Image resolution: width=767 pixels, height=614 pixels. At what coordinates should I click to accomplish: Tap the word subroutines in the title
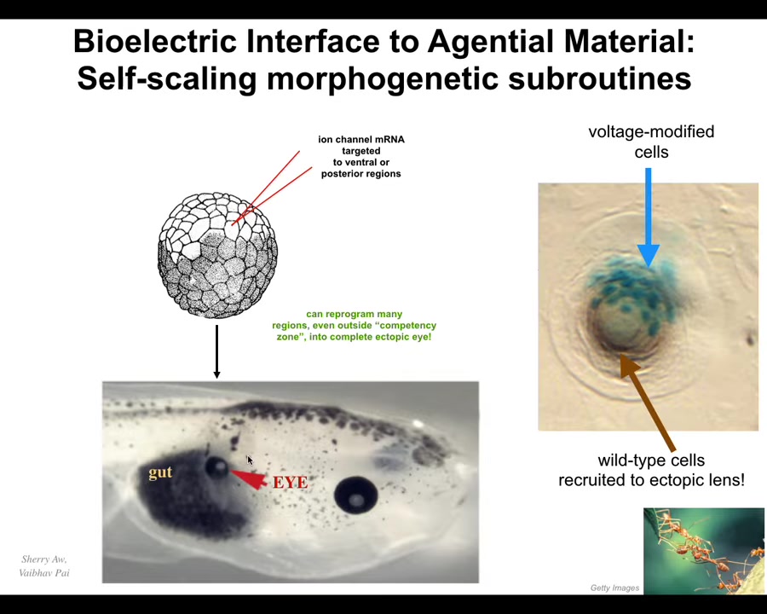600,78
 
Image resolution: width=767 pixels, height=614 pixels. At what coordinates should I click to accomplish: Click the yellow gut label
160,472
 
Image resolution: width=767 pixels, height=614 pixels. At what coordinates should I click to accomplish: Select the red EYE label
291,483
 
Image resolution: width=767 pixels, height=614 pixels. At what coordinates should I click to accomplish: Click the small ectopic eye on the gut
216,466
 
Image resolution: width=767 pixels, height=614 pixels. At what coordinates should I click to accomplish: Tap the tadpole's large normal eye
356,495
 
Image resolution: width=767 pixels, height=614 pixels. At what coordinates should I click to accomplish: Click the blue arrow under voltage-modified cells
649,218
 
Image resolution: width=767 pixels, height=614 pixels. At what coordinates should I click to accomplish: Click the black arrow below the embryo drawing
216,351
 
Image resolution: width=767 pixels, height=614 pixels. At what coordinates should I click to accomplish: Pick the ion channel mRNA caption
361,157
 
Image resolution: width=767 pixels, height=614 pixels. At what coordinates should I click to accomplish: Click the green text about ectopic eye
355,326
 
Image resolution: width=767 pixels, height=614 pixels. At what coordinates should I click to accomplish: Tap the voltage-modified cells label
651,142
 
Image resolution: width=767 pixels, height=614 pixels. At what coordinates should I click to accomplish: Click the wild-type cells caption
651,470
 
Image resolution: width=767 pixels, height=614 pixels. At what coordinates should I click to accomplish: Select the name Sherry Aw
44,559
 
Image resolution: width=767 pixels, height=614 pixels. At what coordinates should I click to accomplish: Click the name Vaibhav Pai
44,572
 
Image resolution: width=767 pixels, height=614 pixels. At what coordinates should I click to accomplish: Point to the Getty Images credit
614,588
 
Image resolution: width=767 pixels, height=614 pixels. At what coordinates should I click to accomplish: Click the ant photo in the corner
704,551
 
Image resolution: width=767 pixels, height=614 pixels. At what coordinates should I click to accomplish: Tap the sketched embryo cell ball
217,255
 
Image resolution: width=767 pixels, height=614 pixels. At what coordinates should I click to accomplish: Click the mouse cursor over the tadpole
250,460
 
